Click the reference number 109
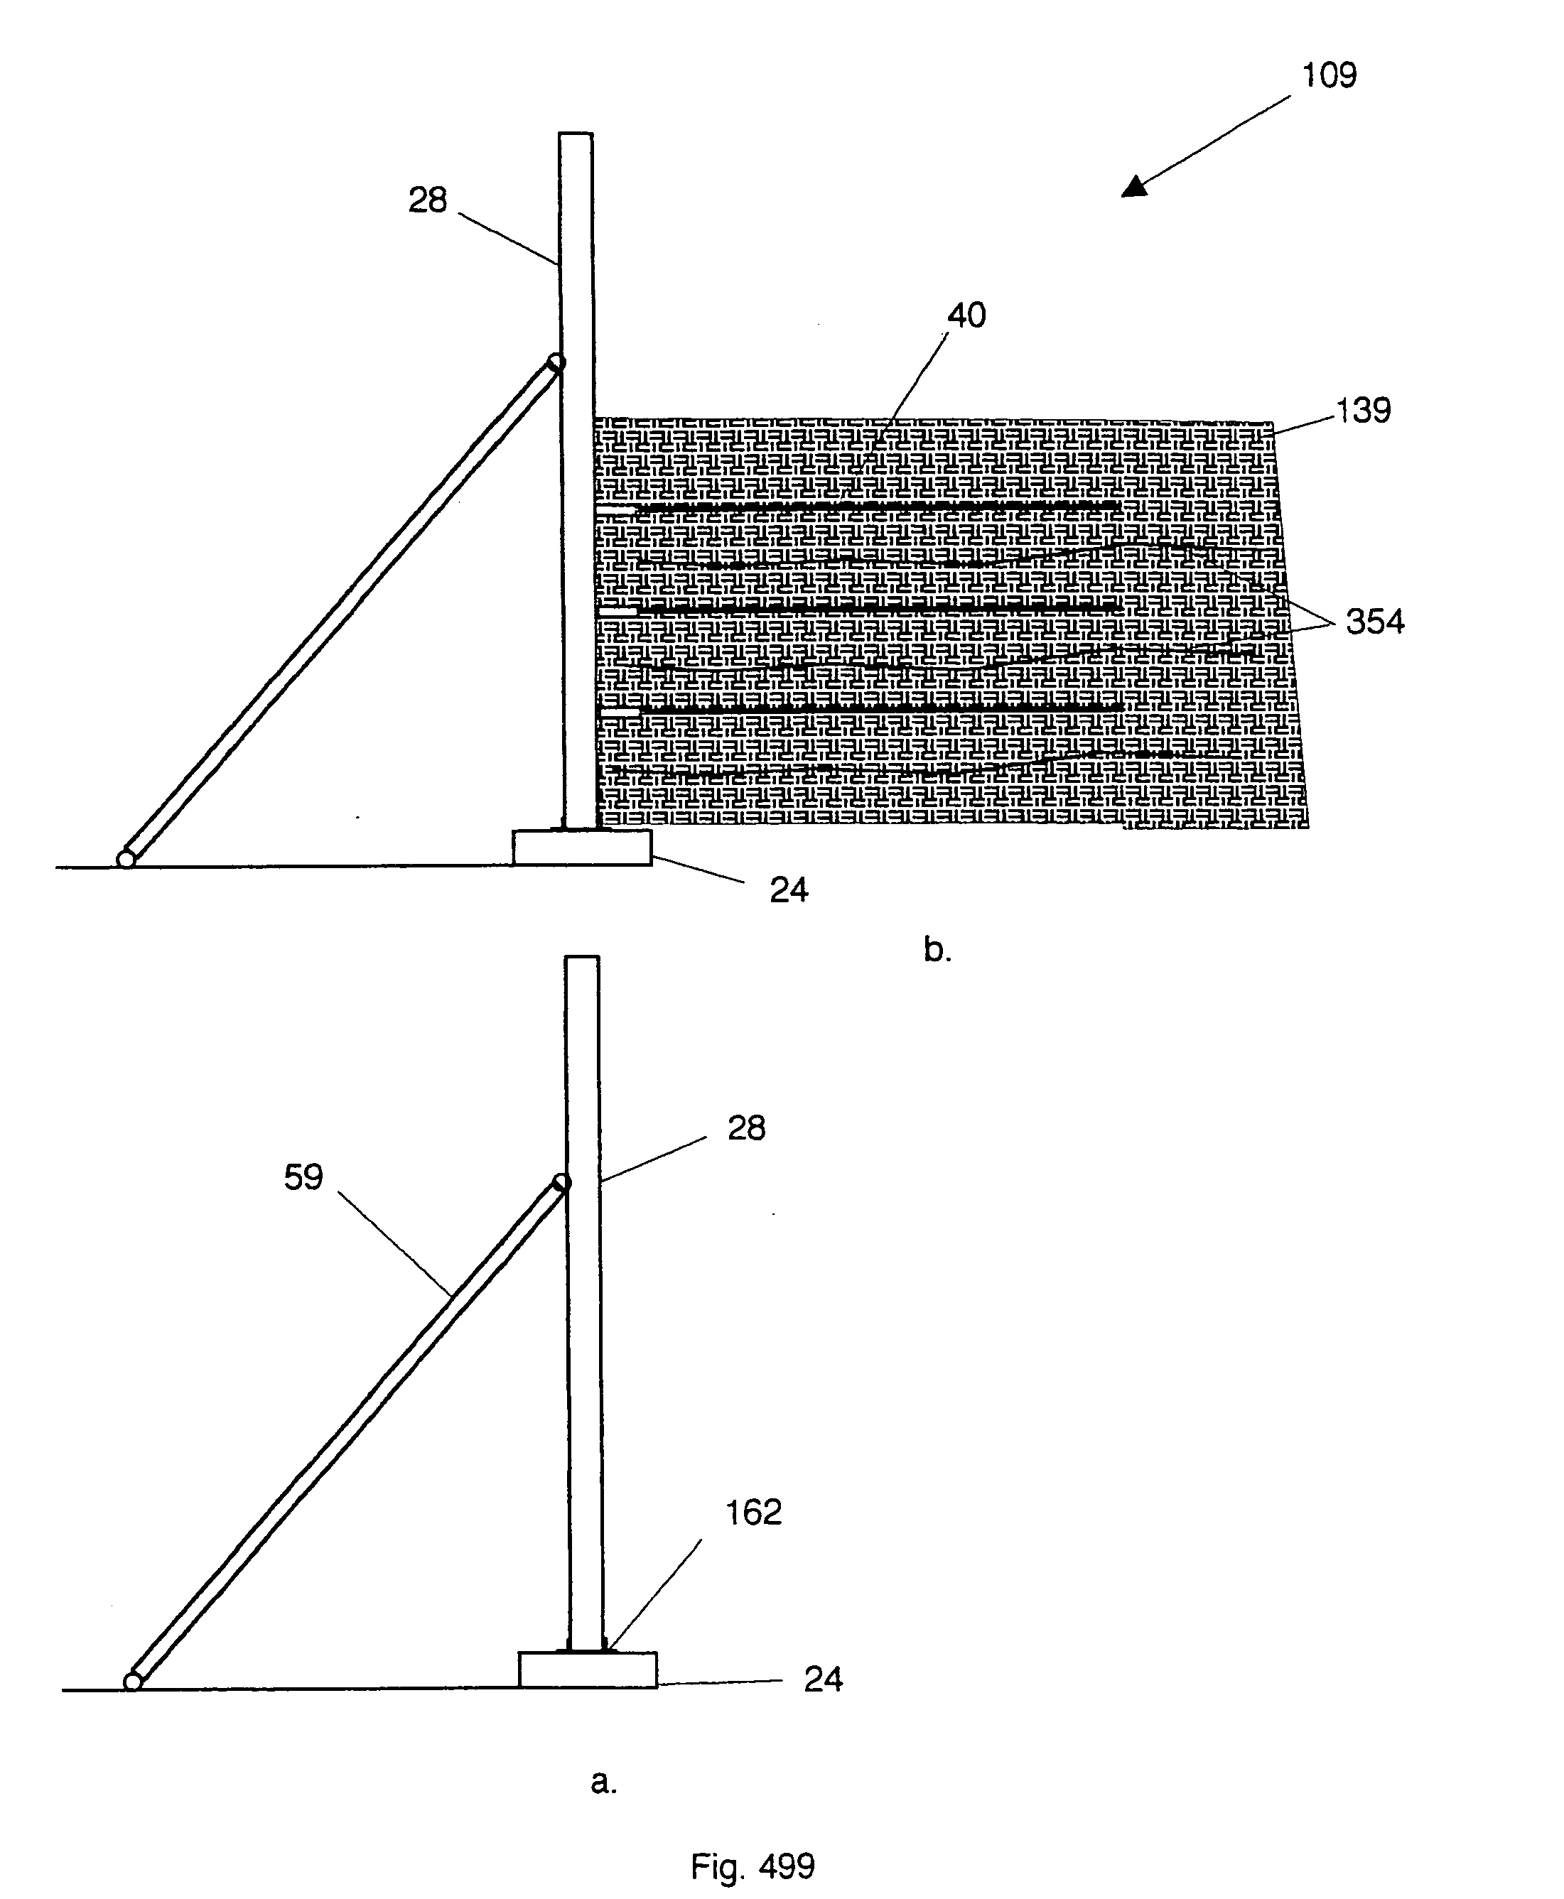(x=1329, y=76)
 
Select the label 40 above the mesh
(x=966, y=315)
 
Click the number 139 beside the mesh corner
(x=1363, y=411)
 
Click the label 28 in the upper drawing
(x=427, y=200)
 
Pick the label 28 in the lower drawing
(x=746, y=1128)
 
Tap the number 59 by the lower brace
(x=303, y=1176)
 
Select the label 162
(x=753, y=1513)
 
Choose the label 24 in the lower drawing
(x=823, y=1679)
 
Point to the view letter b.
(x=937, y=949)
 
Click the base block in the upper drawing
(x=582, y=848)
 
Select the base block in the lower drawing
(x=588, y=1670)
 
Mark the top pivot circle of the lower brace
(x=561, y=1183)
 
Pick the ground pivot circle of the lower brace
(x=132, y=1682)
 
